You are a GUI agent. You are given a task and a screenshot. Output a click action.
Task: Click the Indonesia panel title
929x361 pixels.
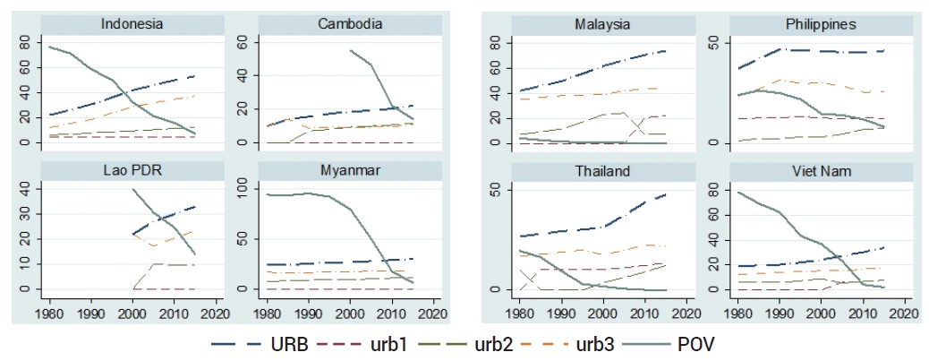click(132, 24)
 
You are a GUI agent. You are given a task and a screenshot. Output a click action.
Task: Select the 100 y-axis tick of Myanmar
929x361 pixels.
click(245, 188)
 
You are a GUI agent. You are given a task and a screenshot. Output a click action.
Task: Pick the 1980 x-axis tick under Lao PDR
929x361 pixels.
click(50, 315)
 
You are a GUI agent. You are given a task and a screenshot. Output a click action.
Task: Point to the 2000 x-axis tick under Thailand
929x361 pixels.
click(601, 315)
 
